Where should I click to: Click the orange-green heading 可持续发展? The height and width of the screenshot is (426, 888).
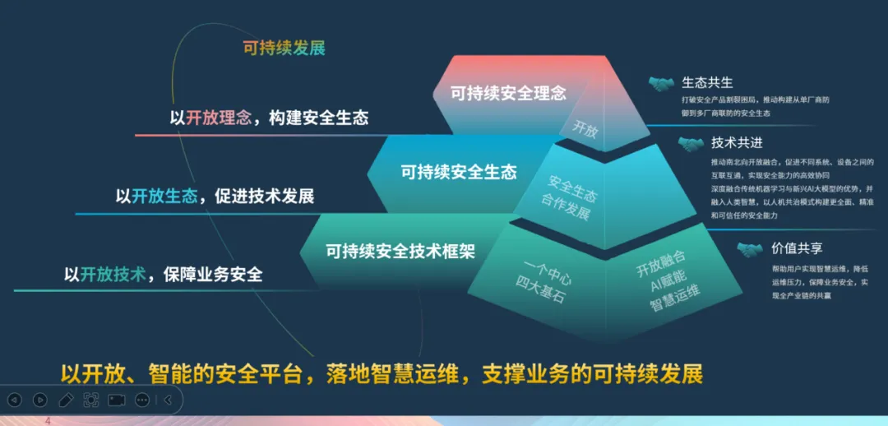point(284,48)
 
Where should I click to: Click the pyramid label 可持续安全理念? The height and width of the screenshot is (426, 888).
point(508,93)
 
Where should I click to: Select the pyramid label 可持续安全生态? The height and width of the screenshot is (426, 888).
point(459,172)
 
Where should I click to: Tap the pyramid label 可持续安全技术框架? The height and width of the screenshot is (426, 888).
point(400,250)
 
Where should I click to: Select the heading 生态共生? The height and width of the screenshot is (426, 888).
point(707,82)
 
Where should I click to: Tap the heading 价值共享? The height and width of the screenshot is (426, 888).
point(797,248)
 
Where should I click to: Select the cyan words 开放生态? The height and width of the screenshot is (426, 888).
point(164,197)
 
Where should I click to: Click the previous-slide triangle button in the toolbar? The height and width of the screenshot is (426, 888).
point(14,400)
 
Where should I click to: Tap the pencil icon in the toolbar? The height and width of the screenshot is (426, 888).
point(66,400)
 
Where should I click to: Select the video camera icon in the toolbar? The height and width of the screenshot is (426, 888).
point(116,400)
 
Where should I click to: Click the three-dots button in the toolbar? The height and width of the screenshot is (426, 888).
point(141,400)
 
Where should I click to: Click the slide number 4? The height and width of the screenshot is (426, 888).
point(48,421)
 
